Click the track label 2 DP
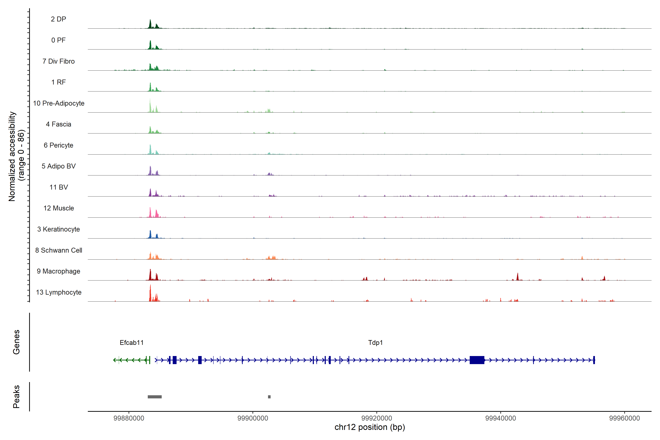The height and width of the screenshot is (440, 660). (x=58, y=19)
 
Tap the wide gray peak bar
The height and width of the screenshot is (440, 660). (x=155, y=397)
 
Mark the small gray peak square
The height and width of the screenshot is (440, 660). (x=269, y=397)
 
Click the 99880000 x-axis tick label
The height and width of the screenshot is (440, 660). (x=129, y=418)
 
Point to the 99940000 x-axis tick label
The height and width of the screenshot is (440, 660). (x=501, y=418)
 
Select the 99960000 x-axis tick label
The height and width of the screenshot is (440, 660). (x=625, y=418)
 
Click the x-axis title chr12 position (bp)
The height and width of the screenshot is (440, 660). (x=370, y=427)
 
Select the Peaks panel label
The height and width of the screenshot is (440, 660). (x=16, y=397)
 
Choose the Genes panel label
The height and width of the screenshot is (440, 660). (x=16, y=342)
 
